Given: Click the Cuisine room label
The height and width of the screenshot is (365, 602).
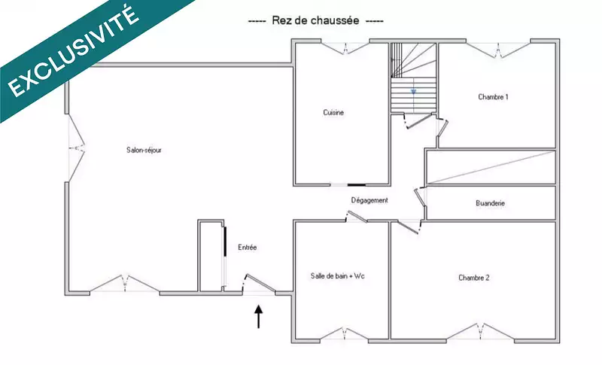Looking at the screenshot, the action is pyautogui.click(x=333, y=112).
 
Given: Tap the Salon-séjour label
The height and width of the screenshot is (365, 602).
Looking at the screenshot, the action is pyautogui.click(x=144, y=150).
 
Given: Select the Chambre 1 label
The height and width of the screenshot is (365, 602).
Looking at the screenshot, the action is pyautogui.click(x=493, y=97).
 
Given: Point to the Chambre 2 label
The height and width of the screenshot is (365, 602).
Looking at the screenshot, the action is pyautogui.click(x=474, y=278).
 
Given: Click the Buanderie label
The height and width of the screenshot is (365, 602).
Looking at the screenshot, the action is pyautogui.click(x=491, y=203).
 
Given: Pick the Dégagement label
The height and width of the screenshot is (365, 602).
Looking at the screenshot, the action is pyautogui.click(x=369, y=200).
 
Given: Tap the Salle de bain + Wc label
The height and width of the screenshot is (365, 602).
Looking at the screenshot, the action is pyautogui.click(x=337, y=276).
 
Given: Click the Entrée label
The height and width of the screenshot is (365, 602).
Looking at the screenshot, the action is pyautogui.click(x=248, y=248).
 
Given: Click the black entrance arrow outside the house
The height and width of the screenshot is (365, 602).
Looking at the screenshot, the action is pyautogui.click(x=259, y=317).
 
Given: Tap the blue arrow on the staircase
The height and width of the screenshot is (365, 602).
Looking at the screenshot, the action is pyautogui.click(x=413, y=92).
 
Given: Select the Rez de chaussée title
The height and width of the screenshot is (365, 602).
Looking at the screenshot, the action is pyautogui.click(x=315, y=20).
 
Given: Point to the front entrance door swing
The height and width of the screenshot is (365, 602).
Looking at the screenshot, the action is pyautogui.click(x=260, y=284).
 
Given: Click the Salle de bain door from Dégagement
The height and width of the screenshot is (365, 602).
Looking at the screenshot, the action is pyautogui.click(x=357, y=217).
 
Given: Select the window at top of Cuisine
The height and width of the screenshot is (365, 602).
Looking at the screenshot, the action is pyautogui.click(x=345, y=47).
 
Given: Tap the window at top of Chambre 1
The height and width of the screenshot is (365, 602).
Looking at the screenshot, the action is pyautogui.click(x=498, y=50).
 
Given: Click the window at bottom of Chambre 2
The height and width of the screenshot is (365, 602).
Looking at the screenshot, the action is pyautogui.click(x=480, y=332).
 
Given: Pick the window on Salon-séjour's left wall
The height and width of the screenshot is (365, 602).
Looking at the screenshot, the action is pyautogui.click(x=76, y=148).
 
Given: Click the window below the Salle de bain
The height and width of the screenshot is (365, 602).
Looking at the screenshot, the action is pyautogui.click(x=345, y=334).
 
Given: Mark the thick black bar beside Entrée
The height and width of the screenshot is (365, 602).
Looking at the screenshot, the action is pyautogui.click(x=225, y=242).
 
